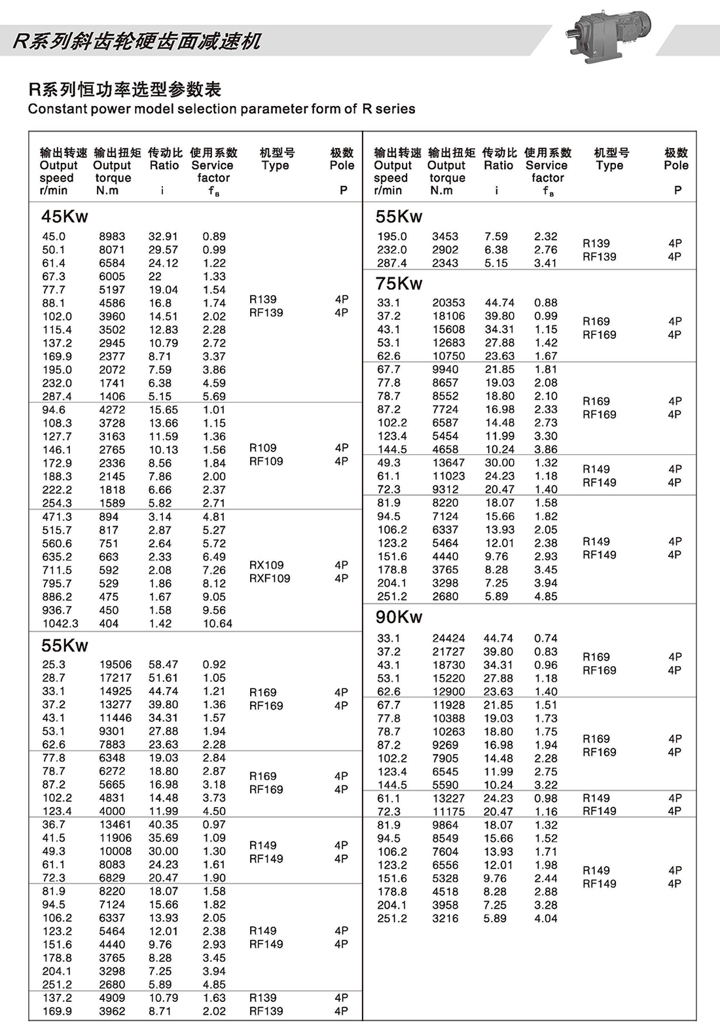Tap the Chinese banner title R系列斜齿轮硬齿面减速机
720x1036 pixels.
(x=137, y=41)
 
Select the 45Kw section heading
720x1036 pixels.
(x=64, y=217)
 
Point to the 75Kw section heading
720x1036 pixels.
(x=399, y=283)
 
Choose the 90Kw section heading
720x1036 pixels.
(x=399, y=617)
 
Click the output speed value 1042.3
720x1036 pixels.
(x=60, y=624)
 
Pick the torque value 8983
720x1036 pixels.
(x=112, y=236)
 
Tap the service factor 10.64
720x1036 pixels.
(x=217, y=624)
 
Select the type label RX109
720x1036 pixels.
(x=266, y=565)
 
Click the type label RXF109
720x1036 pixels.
(x=270, y=579)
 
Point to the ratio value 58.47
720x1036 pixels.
(x=163, y=664)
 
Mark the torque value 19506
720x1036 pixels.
(x=115, y=664)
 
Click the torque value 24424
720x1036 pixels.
(x=448, y=638)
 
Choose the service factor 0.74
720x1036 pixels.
(x=546, y=638)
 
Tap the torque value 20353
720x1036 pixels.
(x=448, y=302)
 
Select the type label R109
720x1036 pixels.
(x=263, y=448)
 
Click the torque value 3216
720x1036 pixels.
(x=445, y=918)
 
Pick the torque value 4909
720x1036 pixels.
(x=112, y=998)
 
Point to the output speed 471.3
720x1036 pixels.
(x=57, y=517)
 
